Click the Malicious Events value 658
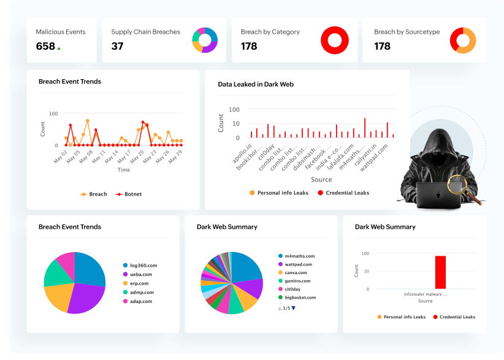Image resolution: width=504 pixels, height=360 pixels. pos(45,46)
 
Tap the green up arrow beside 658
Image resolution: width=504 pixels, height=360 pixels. pos(59,47)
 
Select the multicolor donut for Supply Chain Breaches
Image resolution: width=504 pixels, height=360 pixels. pos(205,40)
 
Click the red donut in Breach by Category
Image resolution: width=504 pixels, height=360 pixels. pos(334,40)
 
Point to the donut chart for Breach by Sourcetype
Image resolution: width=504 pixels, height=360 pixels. pos(463,40)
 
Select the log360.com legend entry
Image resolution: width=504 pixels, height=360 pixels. pos(143,266)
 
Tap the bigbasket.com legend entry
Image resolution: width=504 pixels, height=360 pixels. pos(299,297)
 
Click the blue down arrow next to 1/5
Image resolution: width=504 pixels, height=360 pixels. pos(294,308)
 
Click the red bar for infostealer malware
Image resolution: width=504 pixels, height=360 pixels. pos(440,272)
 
